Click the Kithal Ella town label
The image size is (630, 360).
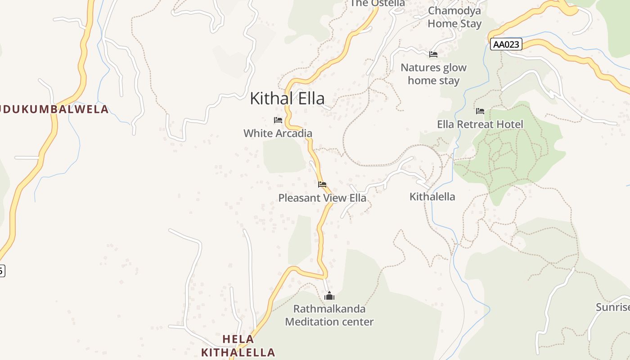287,98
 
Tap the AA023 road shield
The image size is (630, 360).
506,44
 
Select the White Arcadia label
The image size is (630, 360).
278,133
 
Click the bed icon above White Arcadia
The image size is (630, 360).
278,120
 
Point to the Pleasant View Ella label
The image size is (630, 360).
322,198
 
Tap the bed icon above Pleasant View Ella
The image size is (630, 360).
322,184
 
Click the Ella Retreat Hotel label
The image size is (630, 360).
480,124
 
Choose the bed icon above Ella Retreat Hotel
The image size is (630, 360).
480,111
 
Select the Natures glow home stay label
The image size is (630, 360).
433,74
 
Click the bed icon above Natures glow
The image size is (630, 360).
433,54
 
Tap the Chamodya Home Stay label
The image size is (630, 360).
454,17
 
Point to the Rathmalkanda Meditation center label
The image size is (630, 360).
329,315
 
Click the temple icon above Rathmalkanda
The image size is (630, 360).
330,296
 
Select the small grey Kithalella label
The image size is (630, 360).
432,197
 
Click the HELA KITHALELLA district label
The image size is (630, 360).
238,346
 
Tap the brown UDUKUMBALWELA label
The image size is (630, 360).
54,109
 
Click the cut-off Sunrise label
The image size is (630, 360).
612,307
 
